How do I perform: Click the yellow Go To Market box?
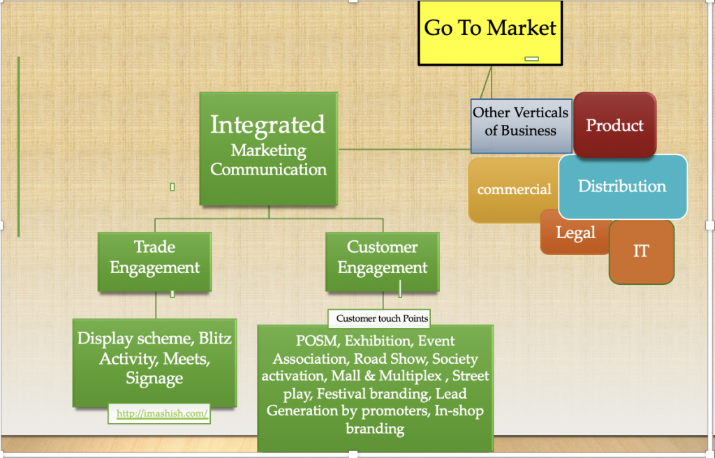tap(490, 33)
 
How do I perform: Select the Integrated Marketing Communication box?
tap(269, 149)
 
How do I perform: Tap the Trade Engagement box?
tap(154, 261)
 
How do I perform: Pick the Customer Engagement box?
tap(383, 261)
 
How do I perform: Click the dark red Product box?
tap(614, 125)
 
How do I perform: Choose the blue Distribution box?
tap(623, 186)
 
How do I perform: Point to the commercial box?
tap(513, 190)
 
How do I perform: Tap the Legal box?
tap(575, 232)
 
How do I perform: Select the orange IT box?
tap(641, 252)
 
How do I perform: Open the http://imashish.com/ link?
tap(162, 414)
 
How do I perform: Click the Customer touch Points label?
tap(382, 318)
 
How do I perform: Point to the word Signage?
tap(154, 379)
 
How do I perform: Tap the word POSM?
tap(318, 341)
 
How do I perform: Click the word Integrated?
tap(267, 125)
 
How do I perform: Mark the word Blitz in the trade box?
tap(215, 338)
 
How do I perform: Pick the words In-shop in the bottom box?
tap(459, 411)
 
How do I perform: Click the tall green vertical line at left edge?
tap(19, 147)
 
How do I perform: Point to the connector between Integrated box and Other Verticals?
tap(404, 149)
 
